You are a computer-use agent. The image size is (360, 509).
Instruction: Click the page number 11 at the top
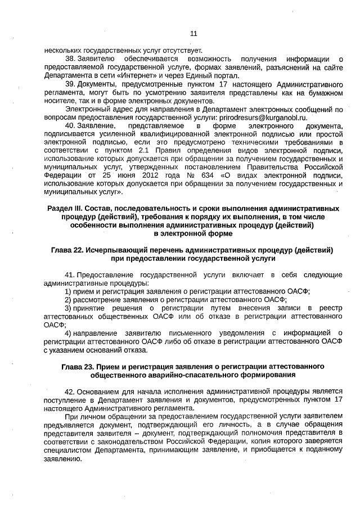click(x=193, y=33)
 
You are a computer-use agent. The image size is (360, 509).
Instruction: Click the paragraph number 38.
click(x=70, y=59)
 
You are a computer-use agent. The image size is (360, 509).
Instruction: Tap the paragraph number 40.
click(x=70, y=126)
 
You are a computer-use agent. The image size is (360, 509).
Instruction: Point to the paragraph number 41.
click(x=70, y=274)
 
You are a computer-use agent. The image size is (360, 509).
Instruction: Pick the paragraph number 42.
click(x=70, y=390)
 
